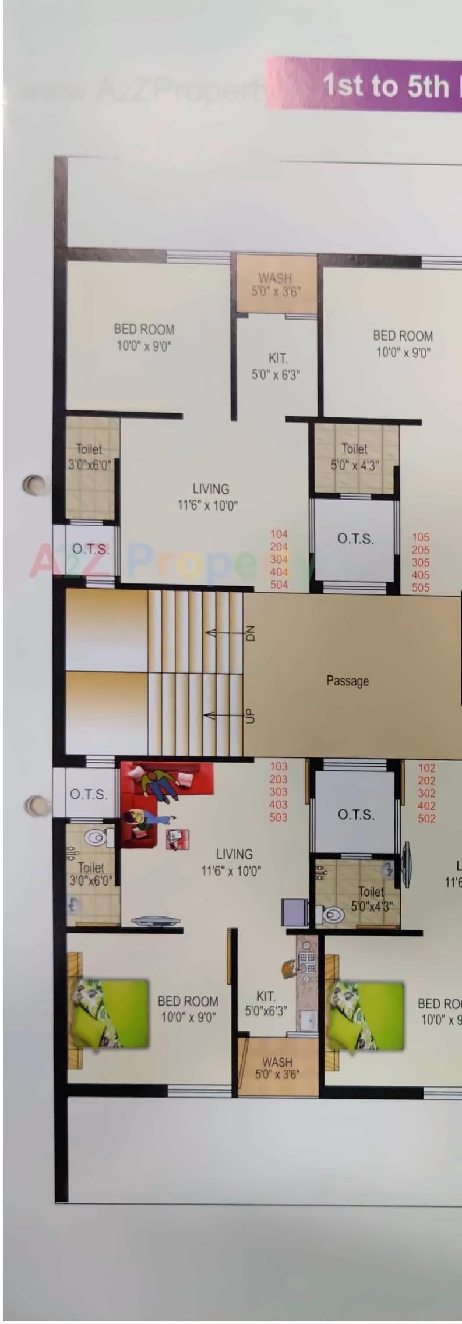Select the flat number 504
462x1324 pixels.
(x=279, y=584)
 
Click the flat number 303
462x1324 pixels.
(x=278, y=792)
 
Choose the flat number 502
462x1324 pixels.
(x=426, y=818)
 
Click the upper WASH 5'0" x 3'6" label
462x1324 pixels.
(x=276, y=285)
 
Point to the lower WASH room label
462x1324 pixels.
(x=277, y=1068)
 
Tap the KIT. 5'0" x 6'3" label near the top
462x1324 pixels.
(x=276, y=366)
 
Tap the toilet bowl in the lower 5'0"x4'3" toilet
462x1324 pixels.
(x=334, y=915)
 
